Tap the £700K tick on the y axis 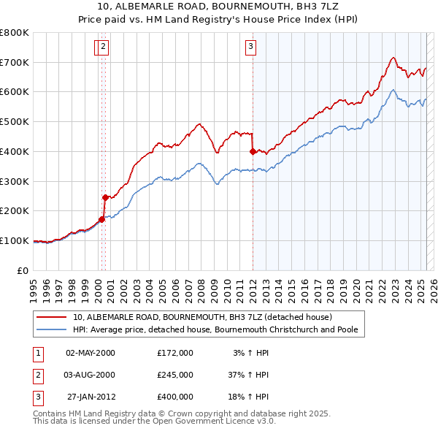click(15, 63)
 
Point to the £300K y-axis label click(15, 181)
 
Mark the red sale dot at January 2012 click(253, 152)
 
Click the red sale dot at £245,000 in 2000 click(104, 197)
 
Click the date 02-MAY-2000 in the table click(90, 353)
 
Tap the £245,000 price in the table click(175, 375)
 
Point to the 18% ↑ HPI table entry click(249, 397)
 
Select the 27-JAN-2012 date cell click(90, 397)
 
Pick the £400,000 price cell click(175, 397)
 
